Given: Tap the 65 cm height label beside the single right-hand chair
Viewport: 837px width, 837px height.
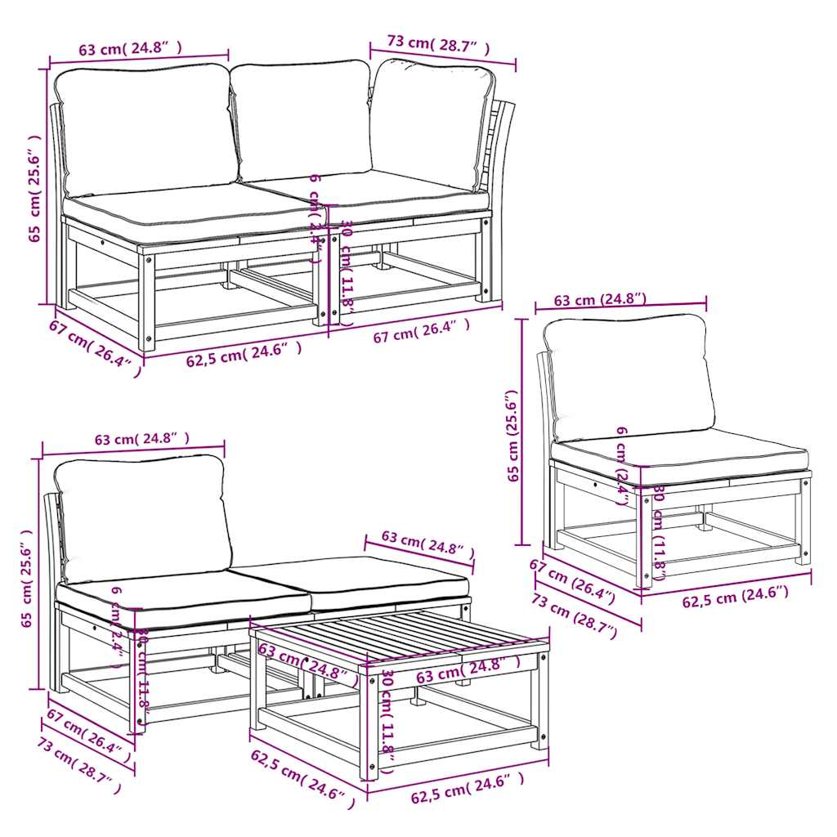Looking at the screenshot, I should (513, 436).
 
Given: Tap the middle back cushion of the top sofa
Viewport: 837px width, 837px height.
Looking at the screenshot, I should (302, 119).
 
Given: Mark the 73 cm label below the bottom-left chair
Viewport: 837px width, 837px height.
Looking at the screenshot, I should (79, 762).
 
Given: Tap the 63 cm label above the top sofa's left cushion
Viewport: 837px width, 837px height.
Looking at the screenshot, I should (129, 48).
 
